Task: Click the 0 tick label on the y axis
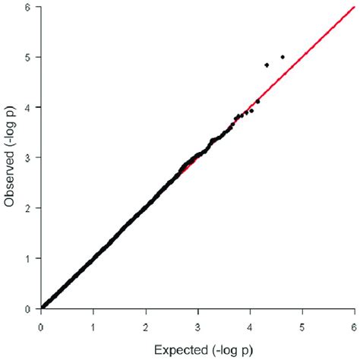coord(28,309)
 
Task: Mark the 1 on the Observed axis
coord(28,258)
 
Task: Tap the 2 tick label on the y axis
coord(28,208)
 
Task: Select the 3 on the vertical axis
coord(28,157)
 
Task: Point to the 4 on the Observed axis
coord(28,107)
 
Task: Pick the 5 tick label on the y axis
coord(28,57)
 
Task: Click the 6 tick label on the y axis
coord(28,7)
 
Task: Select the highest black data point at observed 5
coord(283,57)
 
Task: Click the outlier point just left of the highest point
coord(267,65)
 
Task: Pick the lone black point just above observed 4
coord(257,101)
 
